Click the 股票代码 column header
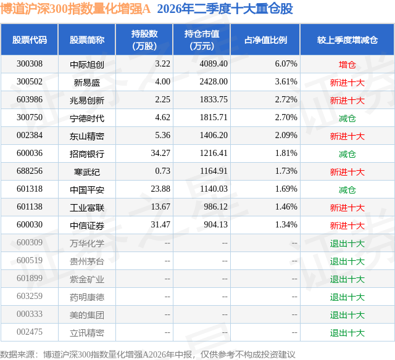[30, 40]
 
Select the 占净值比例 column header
[265, 40]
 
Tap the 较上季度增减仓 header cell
[347, 40]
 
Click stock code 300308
[30, 64]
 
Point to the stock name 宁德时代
[87, 118]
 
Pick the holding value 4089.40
[214, 64]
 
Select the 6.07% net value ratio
[286, 64]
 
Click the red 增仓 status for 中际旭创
[347, 65]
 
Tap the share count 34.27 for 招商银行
[160, 153]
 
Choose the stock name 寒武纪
[87, 172]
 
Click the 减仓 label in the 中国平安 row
[347, 190]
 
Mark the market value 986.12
[215, 207]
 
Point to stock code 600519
[30, 260]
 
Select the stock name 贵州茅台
[87, 261]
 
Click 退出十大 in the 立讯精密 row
[347, 333]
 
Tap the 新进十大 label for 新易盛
[347, 83]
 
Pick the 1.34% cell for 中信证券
[286, 224]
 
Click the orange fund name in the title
[75, 9]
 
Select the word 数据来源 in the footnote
[17, 354]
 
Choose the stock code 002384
[30, 136]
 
